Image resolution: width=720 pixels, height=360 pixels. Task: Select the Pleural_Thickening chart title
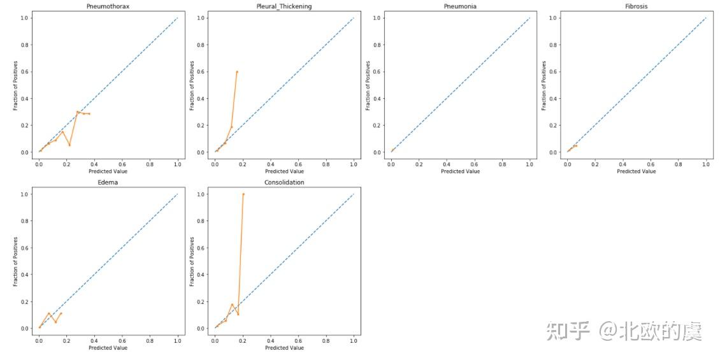coord(284,6)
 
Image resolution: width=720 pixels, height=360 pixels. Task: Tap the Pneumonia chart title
coord(460,6)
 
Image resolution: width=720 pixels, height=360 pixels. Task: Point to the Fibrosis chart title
coord(637,6)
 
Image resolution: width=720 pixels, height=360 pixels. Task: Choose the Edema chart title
coord(108,182)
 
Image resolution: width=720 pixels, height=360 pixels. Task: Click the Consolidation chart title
coord(284,182)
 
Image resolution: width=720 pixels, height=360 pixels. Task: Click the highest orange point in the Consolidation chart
coord(243,194)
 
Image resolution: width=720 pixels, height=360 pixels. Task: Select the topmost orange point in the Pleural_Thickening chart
coord(237,71)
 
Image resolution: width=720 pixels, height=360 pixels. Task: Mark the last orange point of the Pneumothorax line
coord(89,114)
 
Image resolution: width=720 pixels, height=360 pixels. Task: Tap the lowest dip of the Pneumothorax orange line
coord(69,145)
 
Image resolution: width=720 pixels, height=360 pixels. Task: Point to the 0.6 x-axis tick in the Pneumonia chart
coord(474,164)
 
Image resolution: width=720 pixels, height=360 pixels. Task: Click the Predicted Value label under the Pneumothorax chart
coord(108,171)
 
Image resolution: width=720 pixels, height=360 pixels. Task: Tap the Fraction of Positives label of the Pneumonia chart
coord(368,85)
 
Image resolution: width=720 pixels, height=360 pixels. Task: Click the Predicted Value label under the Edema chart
coord(108,347)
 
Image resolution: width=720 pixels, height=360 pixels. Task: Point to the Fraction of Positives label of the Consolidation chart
coord(192,261)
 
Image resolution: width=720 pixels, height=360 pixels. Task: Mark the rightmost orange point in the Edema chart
coord(61,313)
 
